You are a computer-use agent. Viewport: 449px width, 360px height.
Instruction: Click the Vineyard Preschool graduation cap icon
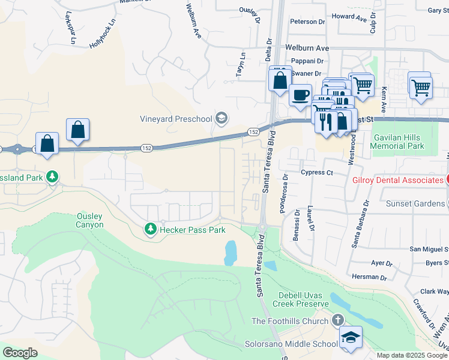coord(221,118)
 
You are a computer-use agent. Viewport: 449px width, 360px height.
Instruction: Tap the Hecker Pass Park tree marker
coord(149,229)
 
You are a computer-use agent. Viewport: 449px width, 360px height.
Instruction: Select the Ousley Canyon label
coord(90,220)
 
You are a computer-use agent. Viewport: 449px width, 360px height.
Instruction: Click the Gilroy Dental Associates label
coord(397,180)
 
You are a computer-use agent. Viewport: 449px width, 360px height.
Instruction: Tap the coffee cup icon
coord(300,94)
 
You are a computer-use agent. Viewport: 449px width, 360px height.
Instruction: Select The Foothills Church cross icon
coord(338,321)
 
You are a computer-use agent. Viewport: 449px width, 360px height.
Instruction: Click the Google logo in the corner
coord(20,353)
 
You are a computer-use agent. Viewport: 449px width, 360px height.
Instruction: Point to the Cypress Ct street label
coord(317,172)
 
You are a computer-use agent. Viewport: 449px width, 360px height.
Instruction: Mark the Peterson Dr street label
coord(307,22)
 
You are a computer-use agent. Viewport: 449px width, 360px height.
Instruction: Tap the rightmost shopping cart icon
coord(420,88)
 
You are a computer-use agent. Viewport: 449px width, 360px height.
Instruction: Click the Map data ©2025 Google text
coord(411,355)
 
